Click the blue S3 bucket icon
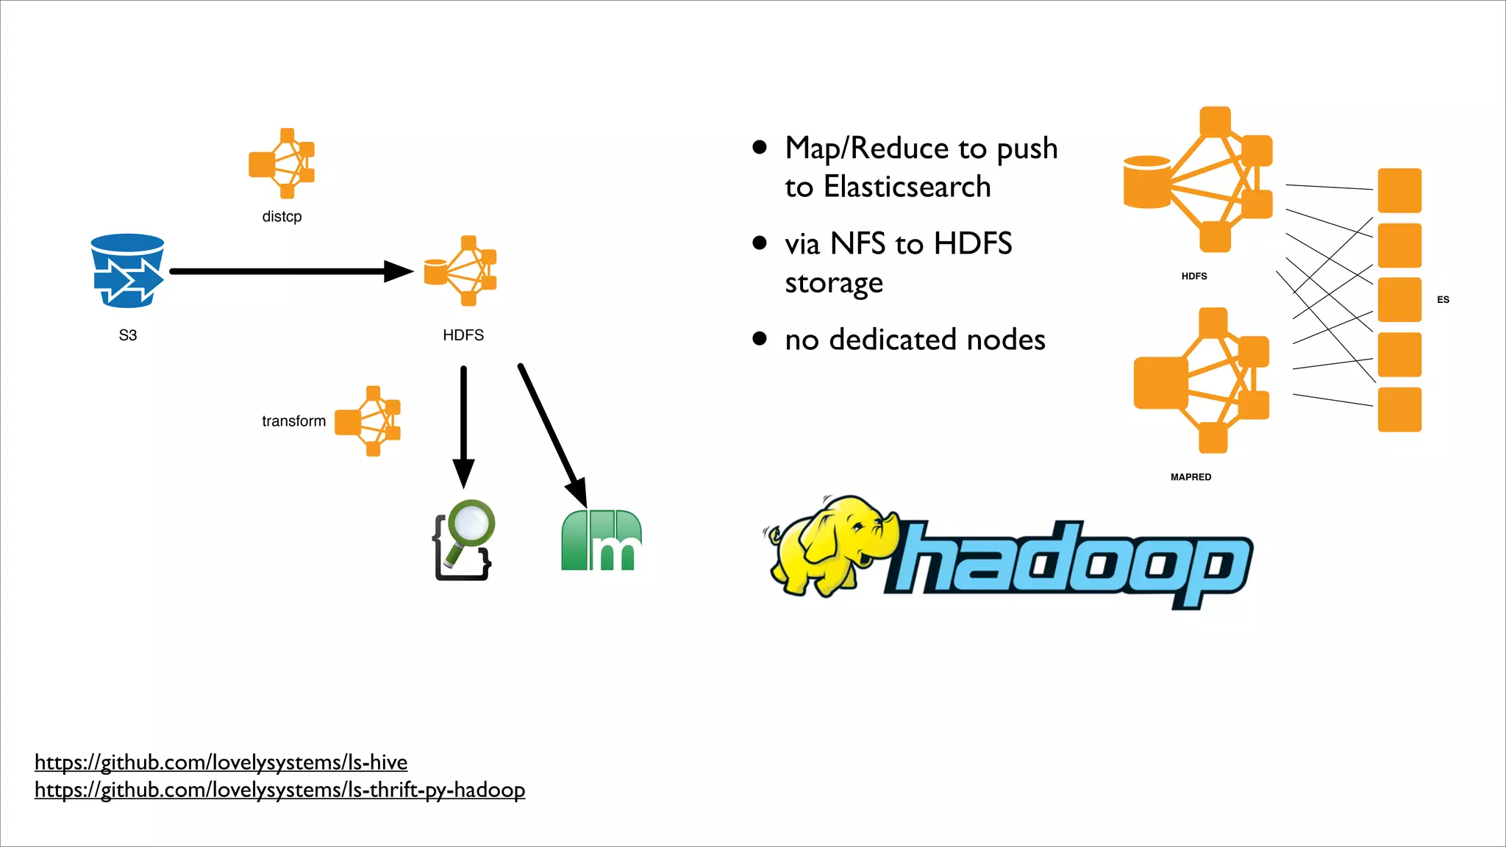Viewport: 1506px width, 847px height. (x=127, y=271)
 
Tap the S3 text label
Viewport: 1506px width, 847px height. (x=128, y=335)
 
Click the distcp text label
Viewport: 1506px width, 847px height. (x=282, y=217)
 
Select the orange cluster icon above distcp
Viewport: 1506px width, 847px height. (x=282, y=163)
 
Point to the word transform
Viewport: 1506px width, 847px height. (x=293, y=421)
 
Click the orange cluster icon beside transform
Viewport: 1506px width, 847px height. (x=368, y=421)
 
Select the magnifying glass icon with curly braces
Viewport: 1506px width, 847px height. (x=464, y=540)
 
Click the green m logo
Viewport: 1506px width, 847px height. (x=602, y=540)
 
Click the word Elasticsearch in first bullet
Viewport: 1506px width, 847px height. (x=907, y=187)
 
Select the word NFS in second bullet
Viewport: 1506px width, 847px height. (x=857, y=244)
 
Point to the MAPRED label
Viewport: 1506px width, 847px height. (x=1191, y=477)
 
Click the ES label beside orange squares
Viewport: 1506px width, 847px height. (x=1443, y=300)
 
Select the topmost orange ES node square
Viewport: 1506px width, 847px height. (x=1399, y=190)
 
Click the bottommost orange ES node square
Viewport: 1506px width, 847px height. (x=1399, y=410)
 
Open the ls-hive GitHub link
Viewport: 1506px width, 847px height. (x=221, y=762)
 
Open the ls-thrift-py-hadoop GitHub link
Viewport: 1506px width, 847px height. (x=279, y=790)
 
